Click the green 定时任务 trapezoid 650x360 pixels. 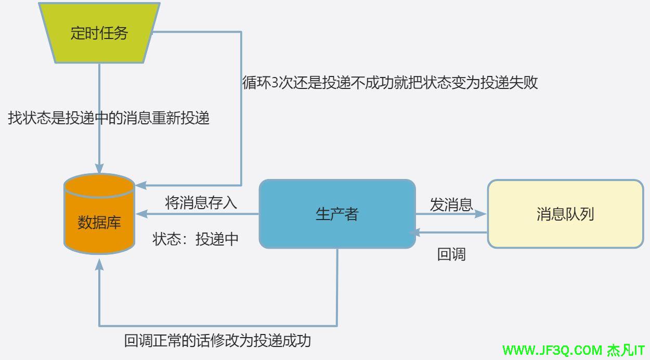tap(99, 33)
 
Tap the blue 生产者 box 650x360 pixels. tap(337, 214)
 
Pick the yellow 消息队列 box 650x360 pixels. tap(565, 214)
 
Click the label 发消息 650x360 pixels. tap(451, 205)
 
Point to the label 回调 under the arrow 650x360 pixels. tap(451, 254)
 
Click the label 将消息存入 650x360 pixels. tap(201, 202)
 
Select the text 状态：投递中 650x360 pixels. tap(196, 239)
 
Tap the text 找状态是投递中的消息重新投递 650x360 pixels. tap(109, 118)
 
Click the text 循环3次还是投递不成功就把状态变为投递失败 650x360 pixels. tap(389, 83)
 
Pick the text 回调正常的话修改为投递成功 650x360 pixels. tap(217, 341)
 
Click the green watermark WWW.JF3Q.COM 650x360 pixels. tap(552, 350)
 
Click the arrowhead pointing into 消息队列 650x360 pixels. tap(482, 214)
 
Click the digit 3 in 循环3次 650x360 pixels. tap(275, 83)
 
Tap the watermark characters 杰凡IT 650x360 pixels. tap(626, 350)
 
